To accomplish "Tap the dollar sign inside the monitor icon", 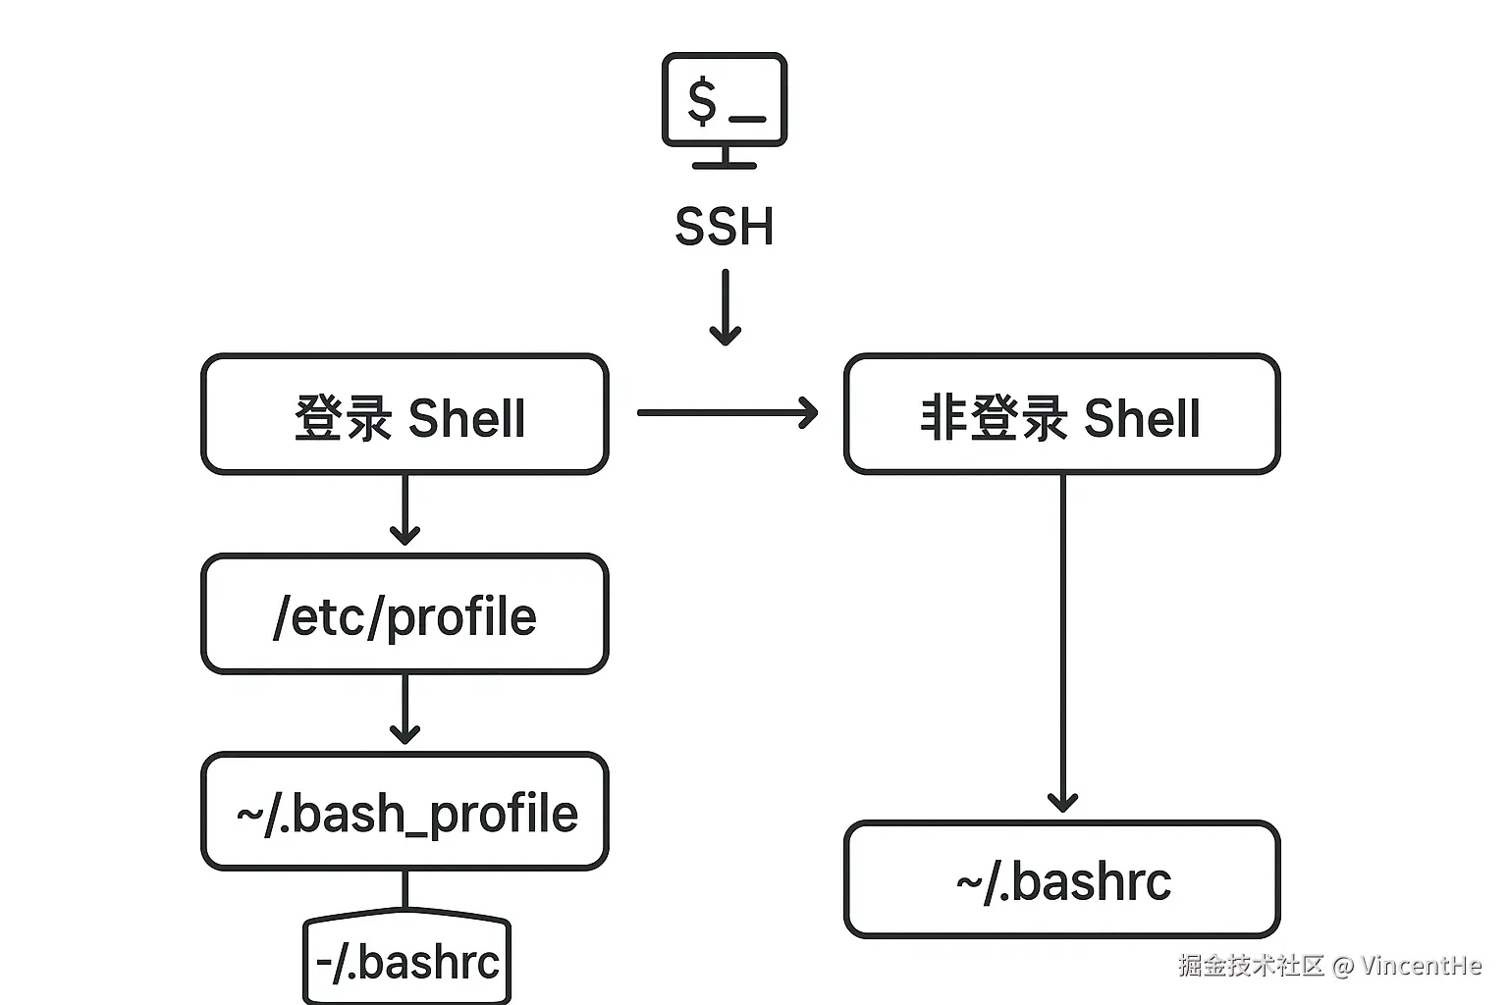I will (702, 101).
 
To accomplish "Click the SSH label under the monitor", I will (725, 227).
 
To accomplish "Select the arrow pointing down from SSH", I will (725, 308).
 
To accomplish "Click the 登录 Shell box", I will (404, 414).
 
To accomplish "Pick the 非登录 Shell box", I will (1061, 414).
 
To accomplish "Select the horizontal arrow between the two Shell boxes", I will (727, 412).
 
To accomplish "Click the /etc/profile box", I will (404, 615).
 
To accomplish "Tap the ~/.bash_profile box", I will (404, 813).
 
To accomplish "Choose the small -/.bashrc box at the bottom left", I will (406, 962).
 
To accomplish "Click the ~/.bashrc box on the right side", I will (1061, 880).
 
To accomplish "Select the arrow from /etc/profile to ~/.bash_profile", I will (404, 709).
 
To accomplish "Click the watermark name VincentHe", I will (1421, 966).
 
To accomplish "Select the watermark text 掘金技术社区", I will (1251, 966).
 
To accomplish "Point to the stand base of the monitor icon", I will (725, 164).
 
